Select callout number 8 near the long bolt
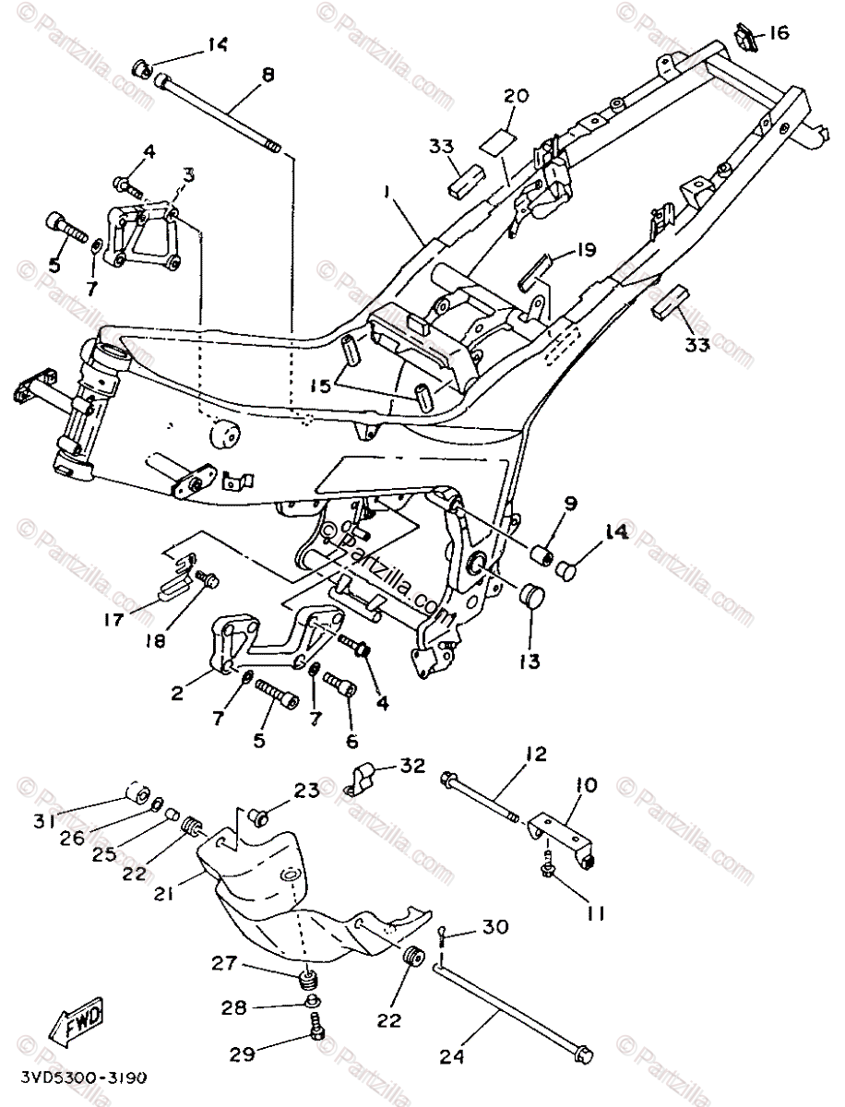(268, 76)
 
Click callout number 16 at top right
(779, 33)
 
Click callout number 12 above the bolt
(535, 754)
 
